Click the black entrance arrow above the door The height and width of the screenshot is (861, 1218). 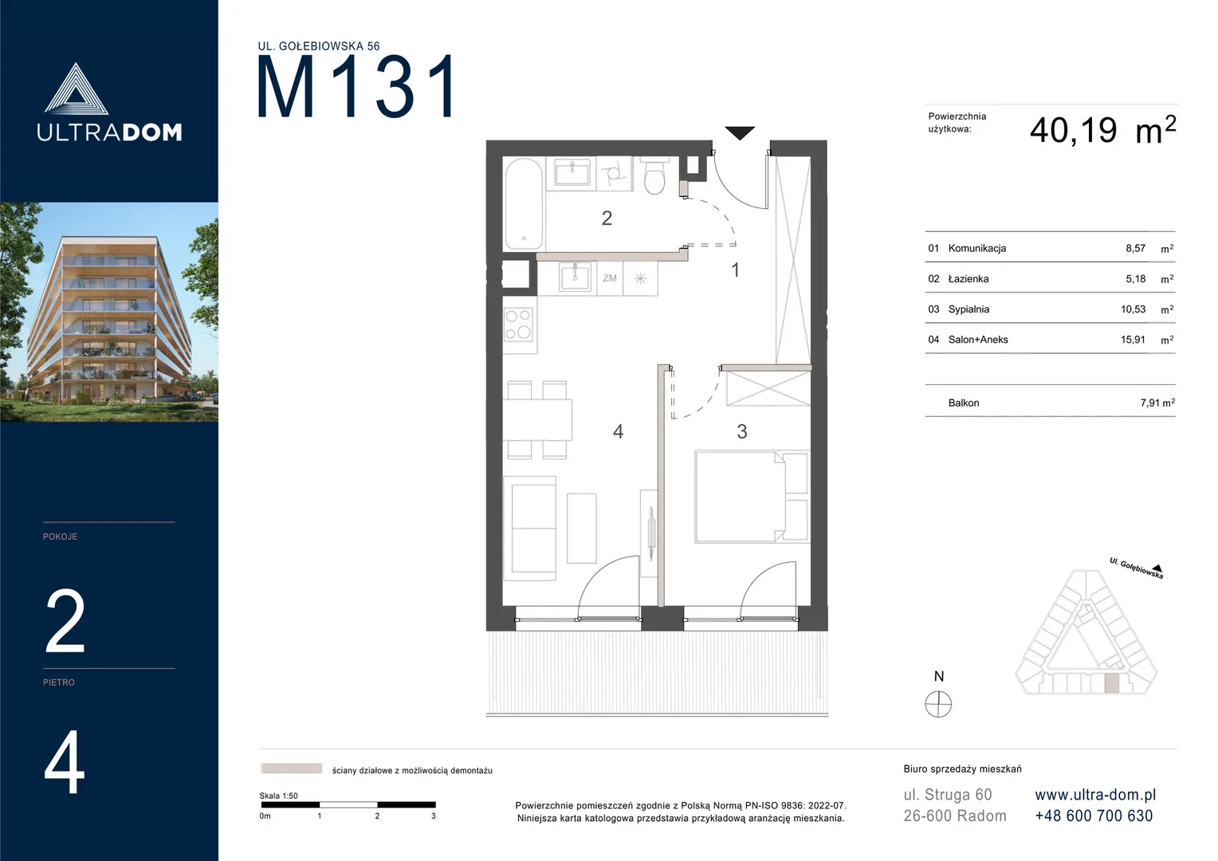(740, 132)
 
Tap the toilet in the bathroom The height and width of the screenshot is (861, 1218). (654, 175)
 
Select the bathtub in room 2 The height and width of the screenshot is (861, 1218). (524, 203)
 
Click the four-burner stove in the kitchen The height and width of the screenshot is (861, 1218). (518, 324)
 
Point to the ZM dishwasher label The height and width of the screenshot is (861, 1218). (610, 278)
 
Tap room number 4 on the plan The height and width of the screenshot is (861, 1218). (619, 431)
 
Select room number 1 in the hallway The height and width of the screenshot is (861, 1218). (736, 269)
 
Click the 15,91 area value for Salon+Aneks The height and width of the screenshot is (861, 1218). (1133, 340)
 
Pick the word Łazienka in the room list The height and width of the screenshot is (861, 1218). (969, 278)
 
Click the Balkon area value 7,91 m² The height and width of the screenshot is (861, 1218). (1157, 403)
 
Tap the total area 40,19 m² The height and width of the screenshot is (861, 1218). (1102, 131)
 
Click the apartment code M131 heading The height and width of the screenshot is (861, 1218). (356, 86)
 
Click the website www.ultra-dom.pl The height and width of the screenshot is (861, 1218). (1095, 795)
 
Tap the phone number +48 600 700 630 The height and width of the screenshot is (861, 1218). (1094, 816)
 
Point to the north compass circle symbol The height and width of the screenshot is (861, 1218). (938, 705)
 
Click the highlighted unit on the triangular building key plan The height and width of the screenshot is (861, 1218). (1111, 683)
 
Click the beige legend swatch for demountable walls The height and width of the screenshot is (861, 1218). (292, 769)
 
